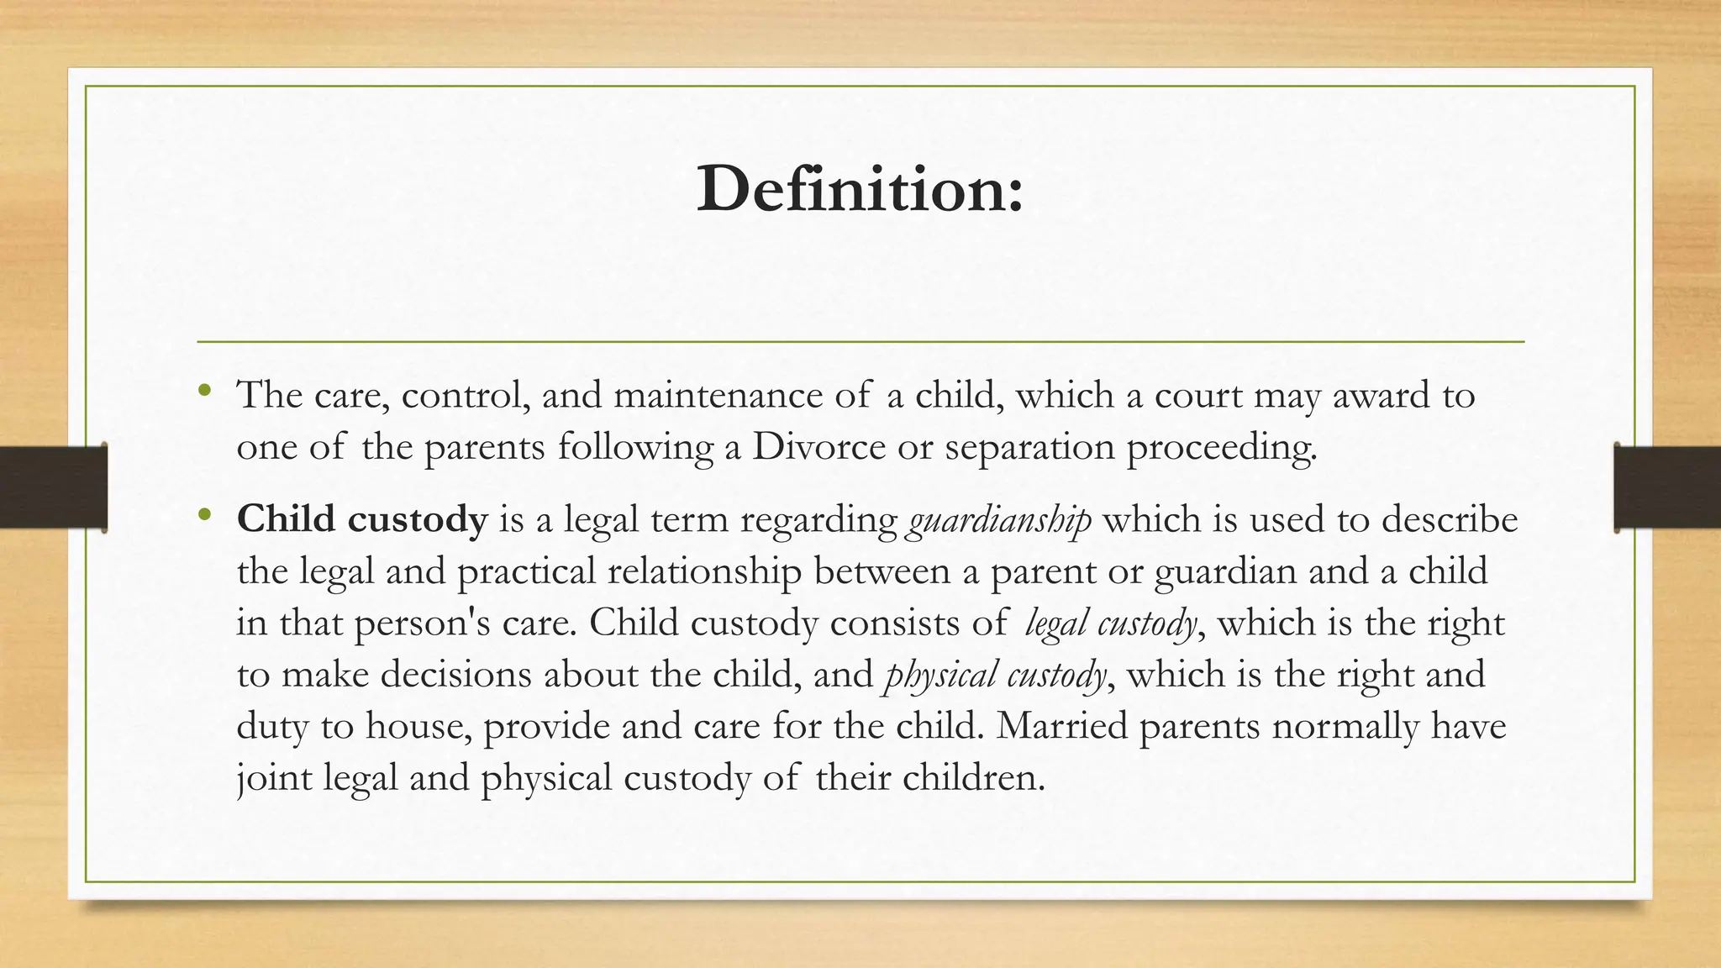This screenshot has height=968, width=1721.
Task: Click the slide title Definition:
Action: (x=860, y=188)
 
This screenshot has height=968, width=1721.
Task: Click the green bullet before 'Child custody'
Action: (x=204, y=513)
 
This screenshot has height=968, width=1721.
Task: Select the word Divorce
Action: (x=818, y=447)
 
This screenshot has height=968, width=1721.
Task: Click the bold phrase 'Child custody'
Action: (x=362, y=519)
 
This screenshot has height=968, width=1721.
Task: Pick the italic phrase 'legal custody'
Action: (x=1111, y=623)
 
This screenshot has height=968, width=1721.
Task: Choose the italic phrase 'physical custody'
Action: (x=995, y=675)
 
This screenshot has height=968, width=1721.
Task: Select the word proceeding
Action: (x=1221, y=447)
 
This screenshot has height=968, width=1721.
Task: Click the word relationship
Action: (x=704, y=572)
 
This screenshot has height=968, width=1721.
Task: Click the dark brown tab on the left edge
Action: (x=53, y=487)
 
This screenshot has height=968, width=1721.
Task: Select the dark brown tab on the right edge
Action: (x=1667, y=487)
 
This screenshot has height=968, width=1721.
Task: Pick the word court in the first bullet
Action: (x=1198, y=396)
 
